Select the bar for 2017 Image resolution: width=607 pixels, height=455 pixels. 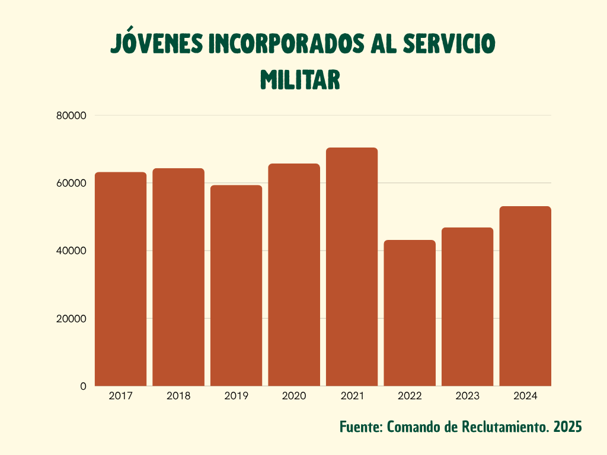click(x=121, y=279)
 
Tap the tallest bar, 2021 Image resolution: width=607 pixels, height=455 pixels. click(x=352, y=267)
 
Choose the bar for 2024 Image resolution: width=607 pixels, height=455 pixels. click(x=525, y=296)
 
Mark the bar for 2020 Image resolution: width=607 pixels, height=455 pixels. click(x=294, y=275)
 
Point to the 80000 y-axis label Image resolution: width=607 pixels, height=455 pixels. click(x=72, y=116)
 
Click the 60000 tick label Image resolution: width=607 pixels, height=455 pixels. click(x=72, y=183)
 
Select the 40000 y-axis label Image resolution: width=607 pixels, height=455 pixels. click(x=72, y=251)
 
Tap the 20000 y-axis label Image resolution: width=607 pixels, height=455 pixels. click(x=72, y=318)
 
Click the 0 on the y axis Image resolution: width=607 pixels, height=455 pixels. click(x=83, y=386)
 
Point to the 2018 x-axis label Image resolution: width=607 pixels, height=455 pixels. click(x=178, y=396)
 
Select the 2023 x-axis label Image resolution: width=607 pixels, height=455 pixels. click(x=467, y=396)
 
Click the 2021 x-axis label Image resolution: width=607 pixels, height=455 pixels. click(x=352, y=396)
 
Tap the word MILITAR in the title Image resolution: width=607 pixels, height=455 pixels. click(x=300, y=79)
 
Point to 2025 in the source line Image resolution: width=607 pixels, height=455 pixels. click(x=568, y=427)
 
